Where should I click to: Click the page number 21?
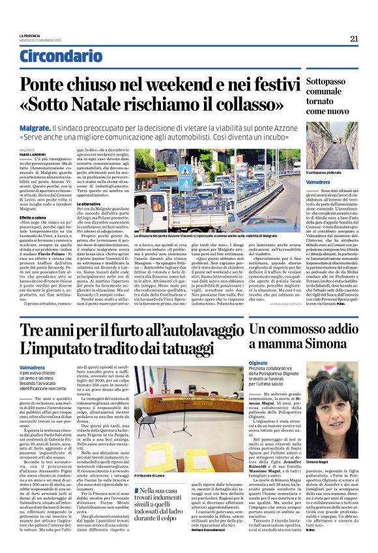pos(355,38)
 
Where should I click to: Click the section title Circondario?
pos(58,57)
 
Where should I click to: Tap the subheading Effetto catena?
pos(32,217)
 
